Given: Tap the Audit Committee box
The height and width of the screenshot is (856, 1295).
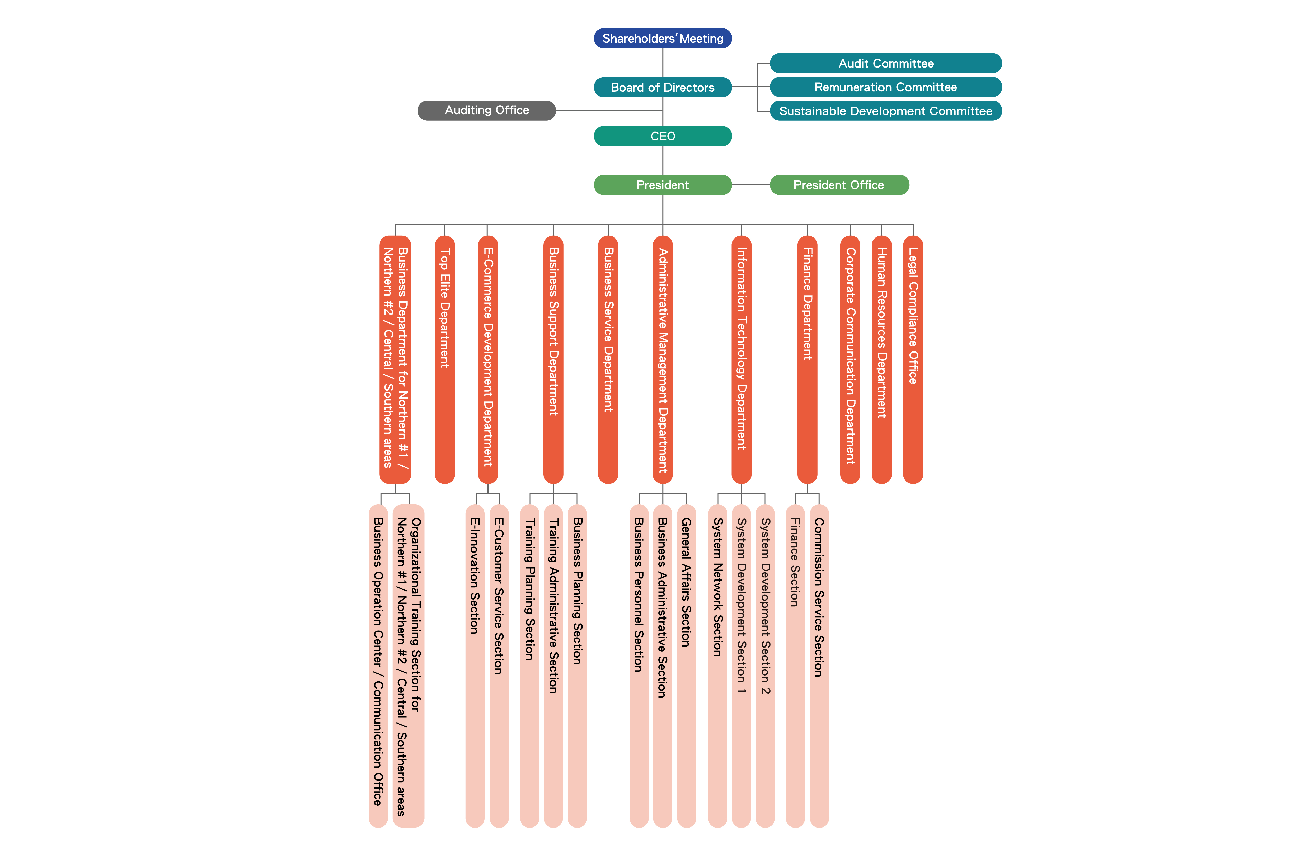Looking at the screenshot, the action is coord(886,63).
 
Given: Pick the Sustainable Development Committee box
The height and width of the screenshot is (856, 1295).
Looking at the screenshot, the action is coord(886,111).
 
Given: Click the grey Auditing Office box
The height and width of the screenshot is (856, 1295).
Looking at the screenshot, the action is coord(486,110).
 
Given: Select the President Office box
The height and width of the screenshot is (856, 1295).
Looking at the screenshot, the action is coord(839,185).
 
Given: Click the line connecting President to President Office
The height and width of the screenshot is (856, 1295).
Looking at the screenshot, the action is coord(751,185).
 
